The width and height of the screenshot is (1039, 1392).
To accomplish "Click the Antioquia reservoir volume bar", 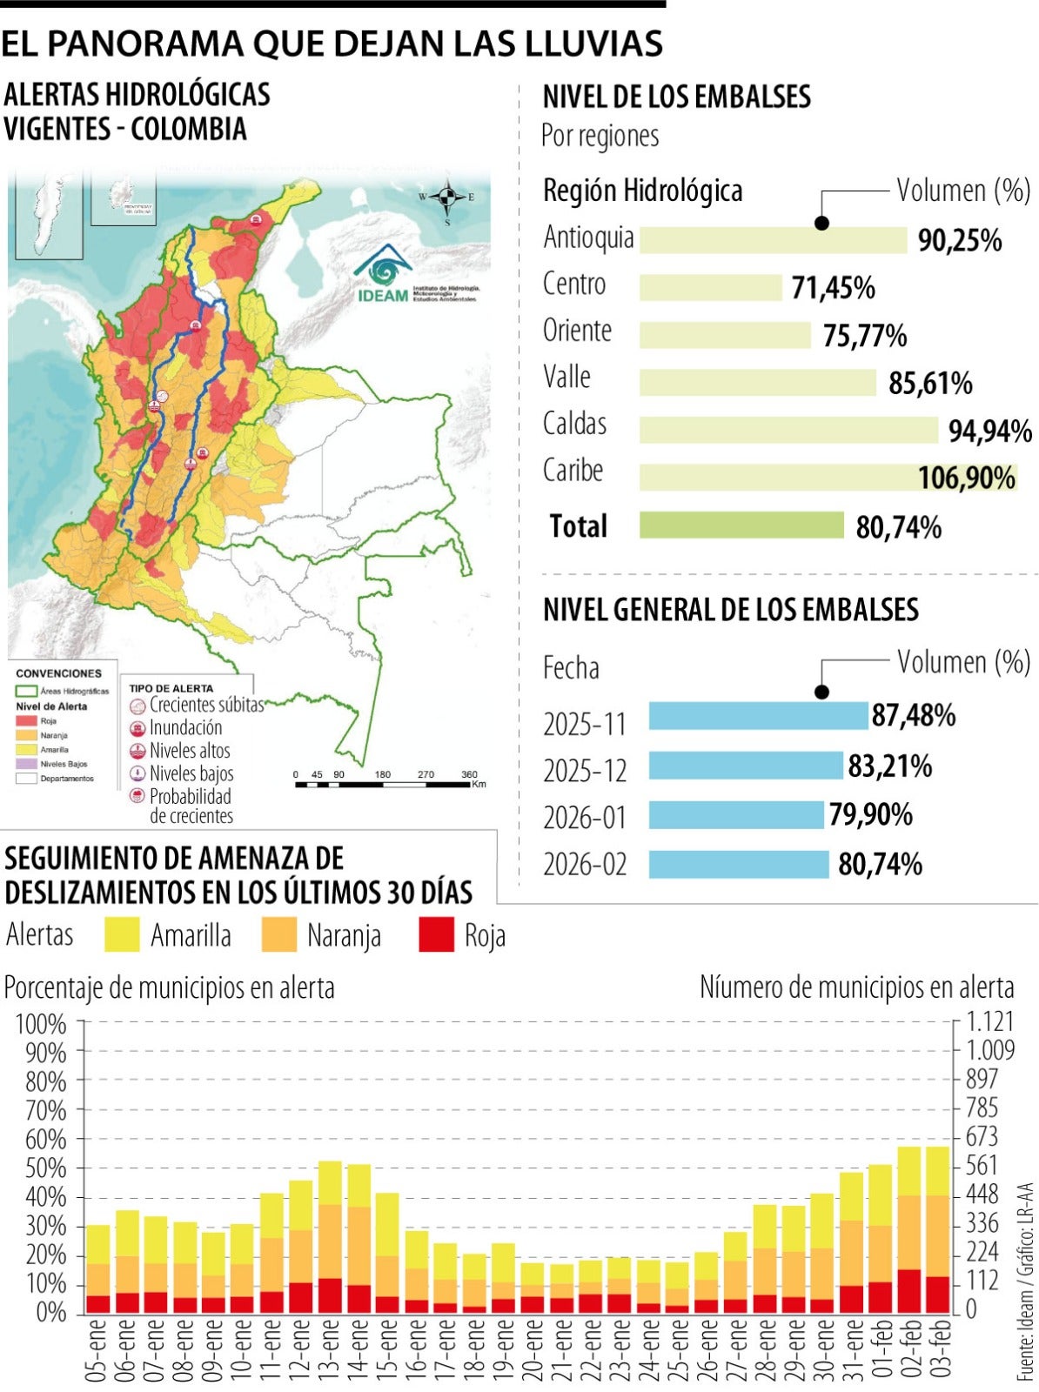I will pyautogui.click(x=773, y=241).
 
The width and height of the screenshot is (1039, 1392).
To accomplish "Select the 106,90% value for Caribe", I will pyautogui.click(x=967, y=478).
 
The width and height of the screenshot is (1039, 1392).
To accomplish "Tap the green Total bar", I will pyautogui.click(x=741, y=525).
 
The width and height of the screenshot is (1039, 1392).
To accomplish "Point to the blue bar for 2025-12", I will pyautogui.click(x=746, y=766).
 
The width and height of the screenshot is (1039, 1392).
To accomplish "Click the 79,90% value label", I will pyautogui.click(x=870, y=815).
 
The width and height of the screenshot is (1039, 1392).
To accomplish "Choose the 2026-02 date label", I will pyautogui.click(x=585, y=865).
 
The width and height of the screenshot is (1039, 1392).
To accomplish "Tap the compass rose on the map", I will pyautogui.click(x=448, y=199).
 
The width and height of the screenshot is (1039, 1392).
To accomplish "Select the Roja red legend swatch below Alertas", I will pyautogui.click(x=436, y=935).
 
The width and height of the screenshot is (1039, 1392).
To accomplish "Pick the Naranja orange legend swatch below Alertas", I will pyautogui.click(x=278, y=935).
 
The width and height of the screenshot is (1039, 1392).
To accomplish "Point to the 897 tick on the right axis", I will pyautogui.click(x=983, y=1080).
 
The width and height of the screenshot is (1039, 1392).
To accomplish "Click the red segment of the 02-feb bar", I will pyautogui.click(x=909, y=1293).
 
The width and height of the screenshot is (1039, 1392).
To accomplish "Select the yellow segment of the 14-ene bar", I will pyautogui.click(x=359, y=1186).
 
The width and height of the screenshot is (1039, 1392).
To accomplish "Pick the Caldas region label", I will pyautogui.click(x=574, y=424).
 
